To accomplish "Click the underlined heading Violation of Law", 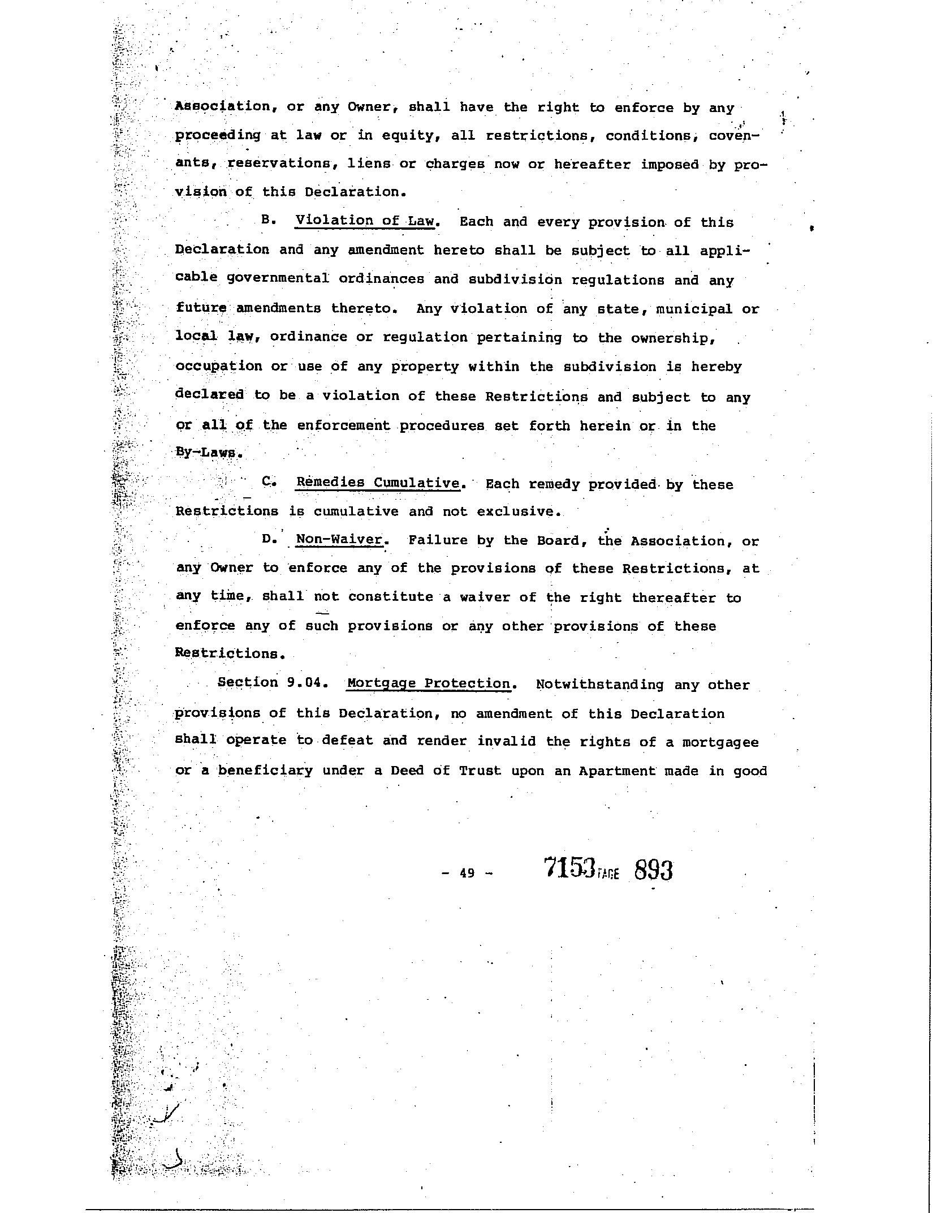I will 366,221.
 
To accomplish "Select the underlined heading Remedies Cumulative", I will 377,483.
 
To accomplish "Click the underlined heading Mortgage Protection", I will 429,683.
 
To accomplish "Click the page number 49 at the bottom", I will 467,873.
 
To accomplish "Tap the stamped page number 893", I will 653,870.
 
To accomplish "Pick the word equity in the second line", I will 404,136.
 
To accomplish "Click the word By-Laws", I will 201,453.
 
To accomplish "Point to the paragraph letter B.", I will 267,221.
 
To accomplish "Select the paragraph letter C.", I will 267,482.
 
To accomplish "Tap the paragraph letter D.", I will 267,539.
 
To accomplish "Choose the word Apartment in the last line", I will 617,771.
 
